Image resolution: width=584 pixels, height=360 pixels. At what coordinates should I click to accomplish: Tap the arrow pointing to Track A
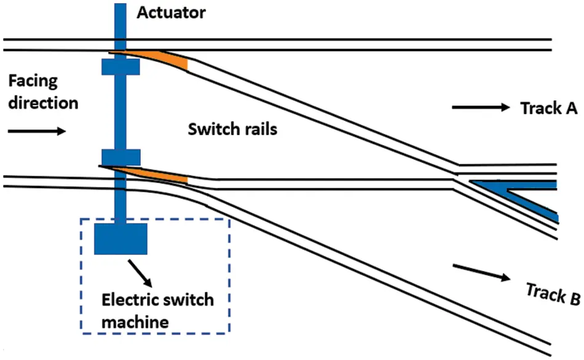(481, 108)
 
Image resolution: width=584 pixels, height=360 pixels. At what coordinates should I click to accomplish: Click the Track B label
(552, 293)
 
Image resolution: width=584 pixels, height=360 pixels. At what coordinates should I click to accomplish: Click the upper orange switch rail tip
(162, 59)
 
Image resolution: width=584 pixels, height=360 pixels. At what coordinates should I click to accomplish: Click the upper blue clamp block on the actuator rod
(120, 66)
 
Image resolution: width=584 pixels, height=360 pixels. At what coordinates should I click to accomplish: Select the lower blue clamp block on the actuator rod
(120, 157)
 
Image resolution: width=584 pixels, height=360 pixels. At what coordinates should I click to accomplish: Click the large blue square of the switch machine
(120, 238)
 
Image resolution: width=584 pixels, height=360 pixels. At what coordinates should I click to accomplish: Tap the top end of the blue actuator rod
(120, 7)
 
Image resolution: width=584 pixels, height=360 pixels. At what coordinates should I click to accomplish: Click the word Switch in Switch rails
(207, 130)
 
